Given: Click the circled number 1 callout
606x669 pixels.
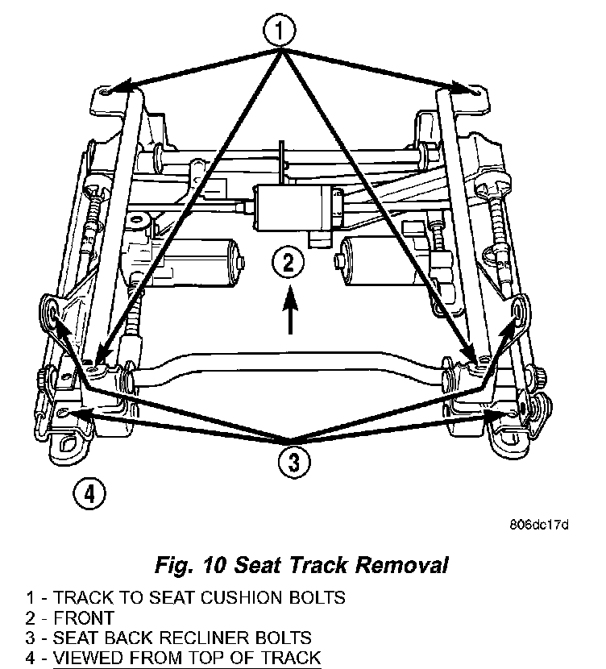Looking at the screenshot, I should pos(279,32).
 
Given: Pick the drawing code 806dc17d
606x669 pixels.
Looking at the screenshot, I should pos(539,526).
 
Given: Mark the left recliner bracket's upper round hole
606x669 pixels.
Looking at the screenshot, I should pos(52,308).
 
